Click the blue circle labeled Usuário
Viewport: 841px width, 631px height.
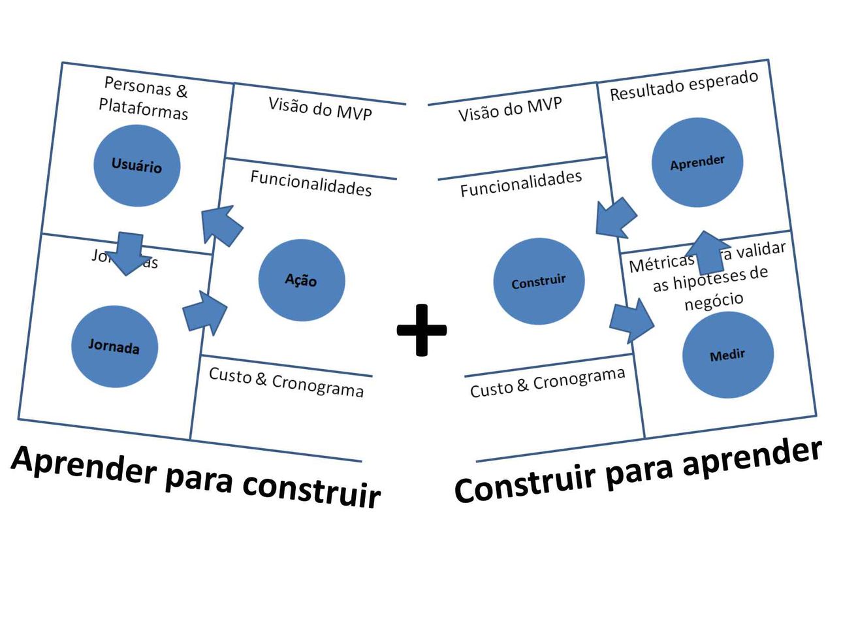pyautogui.click(x=136, y=166)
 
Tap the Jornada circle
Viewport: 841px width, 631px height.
pyautogui.click(x=114, y=346)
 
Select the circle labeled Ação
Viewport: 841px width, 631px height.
pyautogui.click(x=301, y=280)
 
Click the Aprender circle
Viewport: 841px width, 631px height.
pyautogui.click(x=697, y=163)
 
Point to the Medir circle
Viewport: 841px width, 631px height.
pyautogui.click(x=727, y=355)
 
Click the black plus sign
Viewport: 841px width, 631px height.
pyautogui.click(x=422, y=330)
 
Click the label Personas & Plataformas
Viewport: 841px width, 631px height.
pyautogui.click(x=144, y=98)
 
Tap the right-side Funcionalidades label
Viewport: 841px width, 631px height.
pyautogui.click(x=520, y=184)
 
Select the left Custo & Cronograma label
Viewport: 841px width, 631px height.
pyautogui.click(x=286, y=382)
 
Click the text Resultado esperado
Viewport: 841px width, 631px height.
pyautogui.click(x=684, y=86)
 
